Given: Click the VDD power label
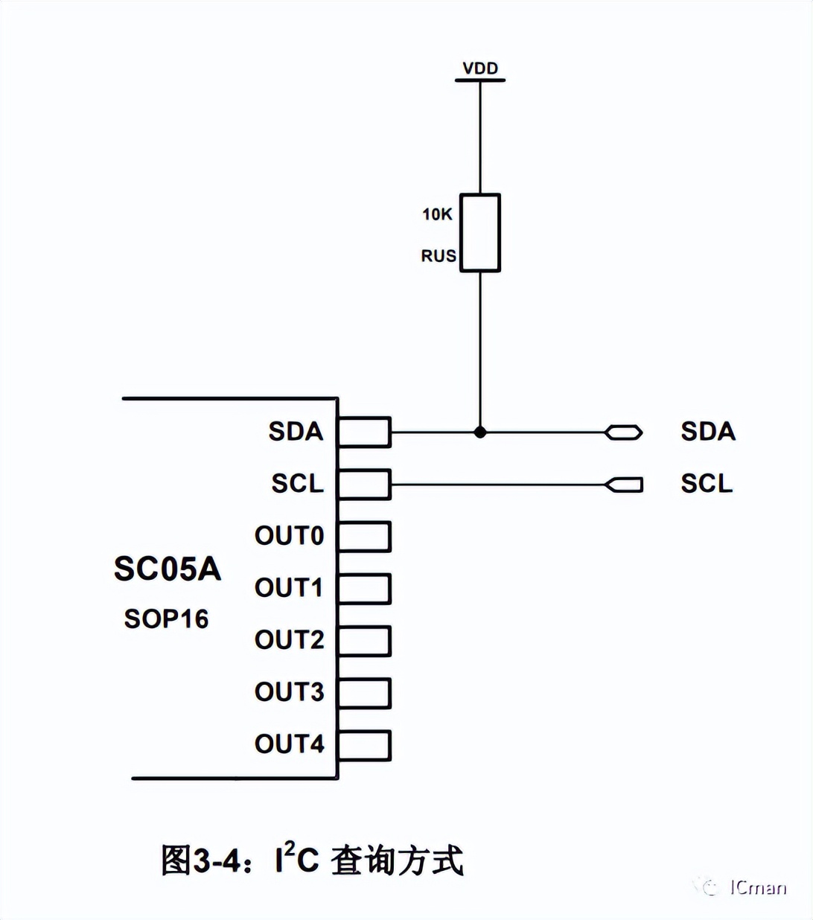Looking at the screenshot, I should (x=480, y=68).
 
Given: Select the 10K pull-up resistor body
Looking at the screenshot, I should (x=480, y=233).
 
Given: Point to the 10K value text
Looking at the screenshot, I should (x=437, y=214).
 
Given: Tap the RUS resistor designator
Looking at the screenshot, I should (x=438, y=256).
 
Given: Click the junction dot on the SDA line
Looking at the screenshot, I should (x=480, y=432).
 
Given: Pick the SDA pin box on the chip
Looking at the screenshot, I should (x=364, y=432).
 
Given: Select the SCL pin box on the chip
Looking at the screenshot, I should (x=364, y=485).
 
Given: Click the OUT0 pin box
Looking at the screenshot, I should (x=364, y=537).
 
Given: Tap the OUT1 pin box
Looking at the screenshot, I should (x=364, y=589).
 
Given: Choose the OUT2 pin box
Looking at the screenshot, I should (x=364, y=641).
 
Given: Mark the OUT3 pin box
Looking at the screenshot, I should (x=364, y=693).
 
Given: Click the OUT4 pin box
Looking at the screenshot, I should (x=364, y=745).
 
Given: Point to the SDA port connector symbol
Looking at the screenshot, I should (x=624, y=432).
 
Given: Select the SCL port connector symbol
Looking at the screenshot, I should (x=624, y=485).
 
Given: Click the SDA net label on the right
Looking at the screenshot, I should (x=708, y=432).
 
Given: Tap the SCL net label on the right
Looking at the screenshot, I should (x=707, y=484).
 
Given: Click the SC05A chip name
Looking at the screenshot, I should (x=168, y=569).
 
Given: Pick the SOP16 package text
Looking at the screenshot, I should (x=166, y=619).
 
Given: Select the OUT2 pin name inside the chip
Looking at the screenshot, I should (x=290, y=640).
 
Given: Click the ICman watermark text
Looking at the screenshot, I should (x=757, y=887).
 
